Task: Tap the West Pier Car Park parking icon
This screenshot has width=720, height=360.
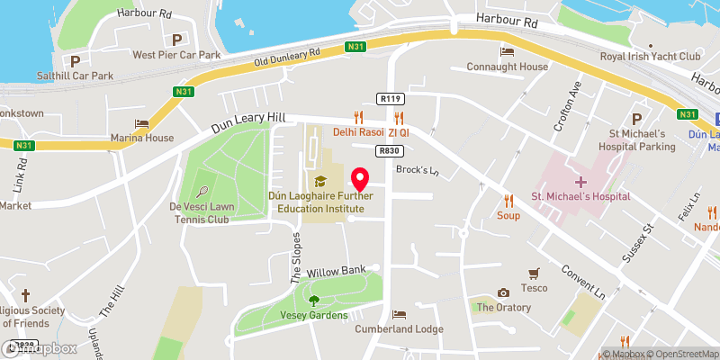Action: (176, 40)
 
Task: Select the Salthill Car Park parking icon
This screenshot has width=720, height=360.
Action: (76, 61)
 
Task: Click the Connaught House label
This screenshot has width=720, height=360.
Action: (519, 67)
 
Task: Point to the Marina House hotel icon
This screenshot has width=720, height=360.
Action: (141, 123)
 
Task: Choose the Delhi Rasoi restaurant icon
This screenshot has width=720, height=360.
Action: (358, 116)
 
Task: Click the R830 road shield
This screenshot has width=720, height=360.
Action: (388, 151)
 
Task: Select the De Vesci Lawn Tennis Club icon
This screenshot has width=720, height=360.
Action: (203, 191)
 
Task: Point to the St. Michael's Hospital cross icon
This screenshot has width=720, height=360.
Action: (582, 182)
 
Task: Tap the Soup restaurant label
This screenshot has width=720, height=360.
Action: (508, 216)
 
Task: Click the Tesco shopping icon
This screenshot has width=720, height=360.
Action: (537, 272)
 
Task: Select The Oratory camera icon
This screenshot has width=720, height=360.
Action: (503, 292)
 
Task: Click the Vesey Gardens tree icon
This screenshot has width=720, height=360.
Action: (313, 301)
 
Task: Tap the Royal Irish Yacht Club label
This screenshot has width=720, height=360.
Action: (650, 56)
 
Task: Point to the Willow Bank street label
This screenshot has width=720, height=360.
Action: (336, 270)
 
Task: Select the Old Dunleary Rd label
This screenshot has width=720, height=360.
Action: (288, 58)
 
